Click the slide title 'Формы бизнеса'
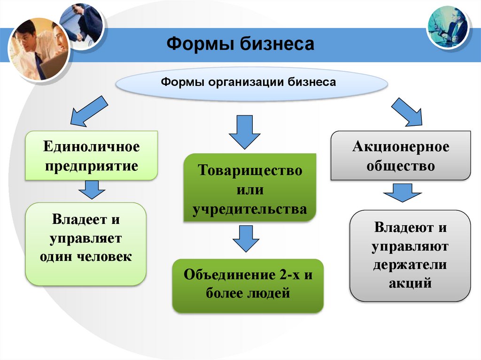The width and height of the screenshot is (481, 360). (x=240, y=45)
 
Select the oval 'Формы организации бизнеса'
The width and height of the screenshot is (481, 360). (x=252, y=83)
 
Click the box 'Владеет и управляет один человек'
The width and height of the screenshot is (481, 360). (x=85, y=243)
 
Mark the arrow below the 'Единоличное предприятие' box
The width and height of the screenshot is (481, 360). (x=92, y=189)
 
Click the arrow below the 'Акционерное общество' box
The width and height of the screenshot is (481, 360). (x=403, y=193)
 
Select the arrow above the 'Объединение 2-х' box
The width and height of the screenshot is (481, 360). (x=246, y=238)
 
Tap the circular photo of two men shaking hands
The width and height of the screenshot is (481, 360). (x=81, y=26)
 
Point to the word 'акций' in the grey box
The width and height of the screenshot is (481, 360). (x=410, y=283)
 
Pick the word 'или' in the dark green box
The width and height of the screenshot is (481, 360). (x=249, y=190)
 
